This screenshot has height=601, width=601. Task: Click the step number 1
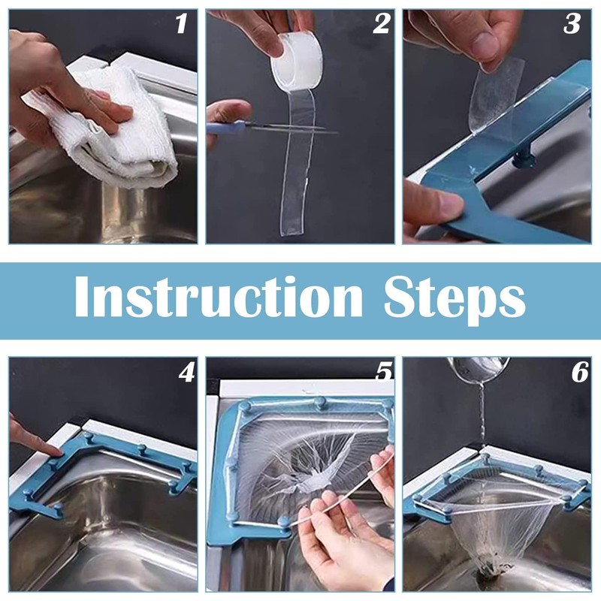pos(181,24)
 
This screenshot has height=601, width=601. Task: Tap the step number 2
pos(381,24)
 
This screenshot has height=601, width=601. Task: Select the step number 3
pos(572,24)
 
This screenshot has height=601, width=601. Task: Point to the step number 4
pos(186,372)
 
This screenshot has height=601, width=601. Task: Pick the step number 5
pos(384,372)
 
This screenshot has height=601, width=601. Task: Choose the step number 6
pos(580,372)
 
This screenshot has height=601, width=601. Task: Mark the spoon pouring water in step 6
pos(479,369)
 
